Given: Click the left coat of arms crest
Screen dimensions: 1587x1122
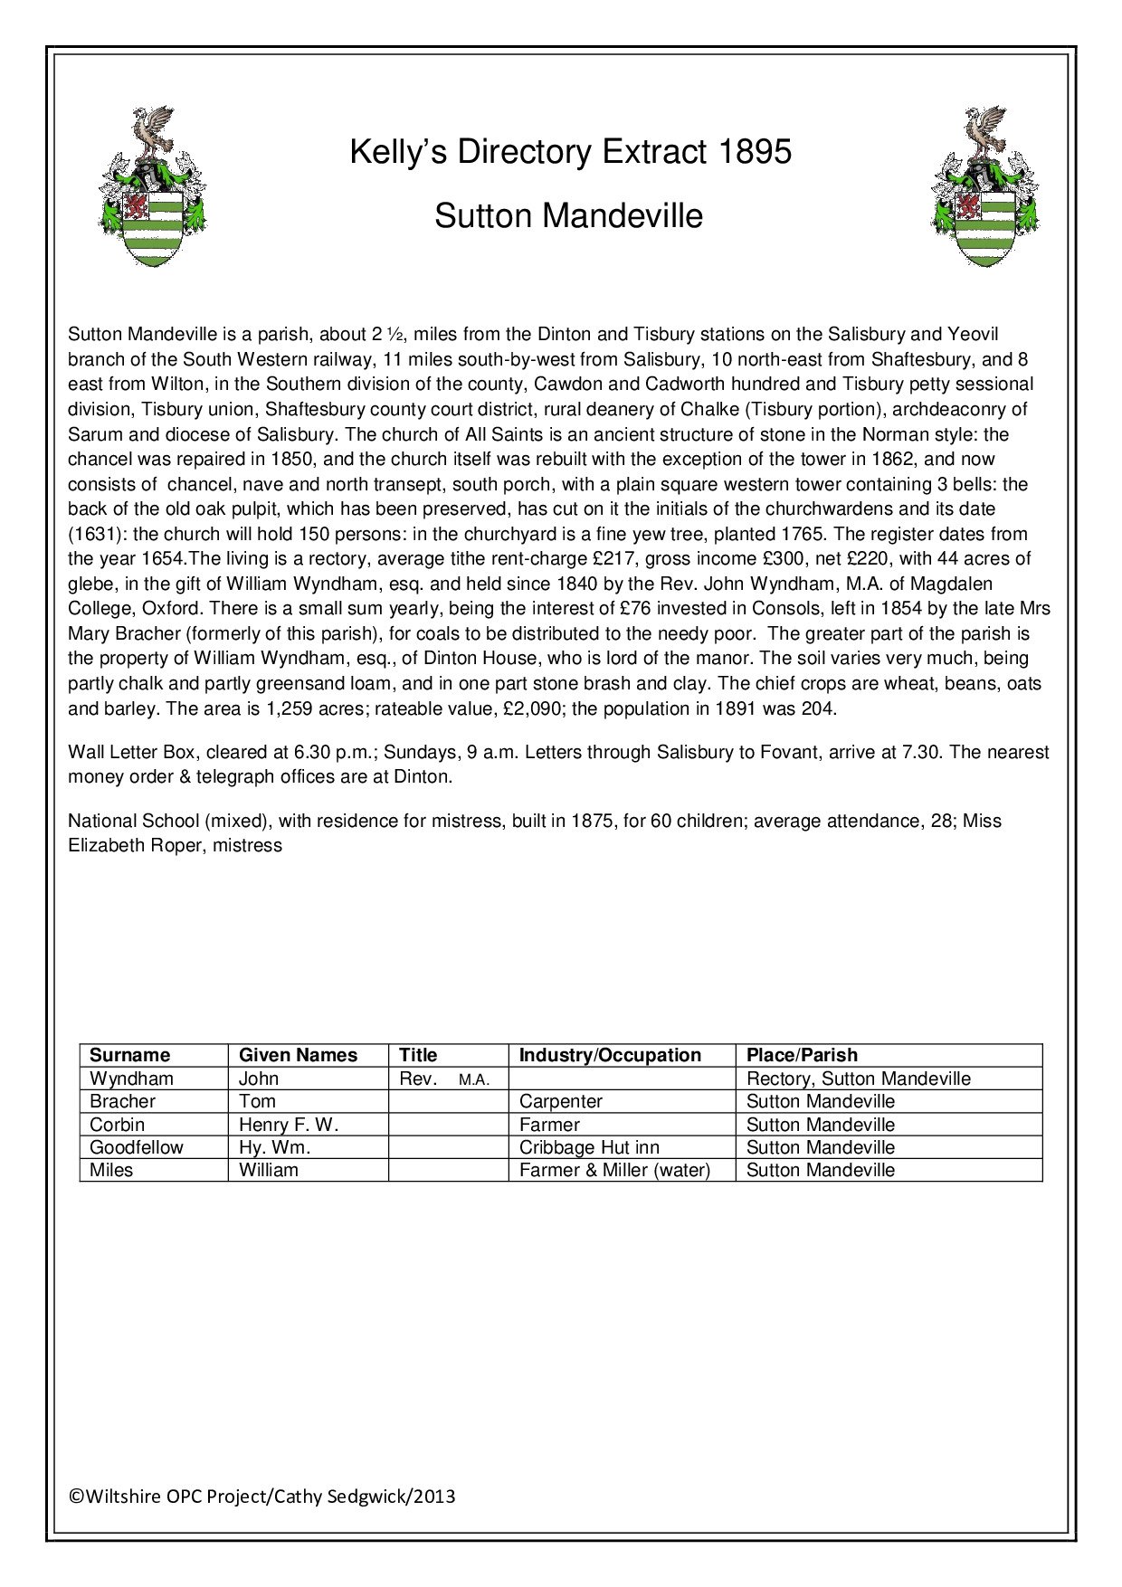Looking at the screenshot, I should pos(152,186).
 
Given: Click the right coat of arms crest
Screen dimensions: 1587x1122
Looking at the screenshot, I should pos(985,186).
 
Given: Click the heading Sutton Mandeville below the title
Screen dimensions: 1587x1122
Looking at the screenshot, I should pos(568,216).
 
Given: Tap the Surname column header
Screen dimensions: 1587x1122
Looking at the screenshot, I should pos(130,1055).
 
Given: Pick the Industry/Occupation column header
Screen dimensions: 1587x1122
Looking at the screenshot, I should pos(610,1055).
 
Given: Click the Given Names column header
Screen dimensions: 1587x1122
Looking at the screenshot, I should pos(298,1055).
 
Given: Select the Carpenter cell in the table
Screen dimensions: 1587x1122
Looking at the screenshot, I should pos(561,1101).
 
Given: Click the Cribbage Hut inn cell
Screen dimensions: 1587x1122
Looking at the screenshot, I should pos(589,1147).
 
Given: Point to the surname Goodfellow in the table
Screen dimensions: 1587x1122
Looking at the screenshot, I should pos(137,1147).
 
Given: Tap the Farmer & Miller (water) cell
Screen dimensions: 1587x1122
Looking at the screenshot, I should pos(615,1170).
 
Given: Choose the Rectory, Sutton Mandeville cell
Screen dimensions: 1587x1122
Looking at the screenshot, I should pos(858,1079).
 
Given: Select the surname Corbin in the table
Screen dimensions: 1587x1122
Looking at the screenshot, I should pos(118,1125).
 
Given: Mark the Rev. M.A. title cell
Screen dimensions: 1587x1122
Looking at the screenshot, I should pos(444,1079).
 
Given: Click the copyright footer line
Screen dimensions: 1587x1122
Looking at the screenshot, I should pos(262,1497).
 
